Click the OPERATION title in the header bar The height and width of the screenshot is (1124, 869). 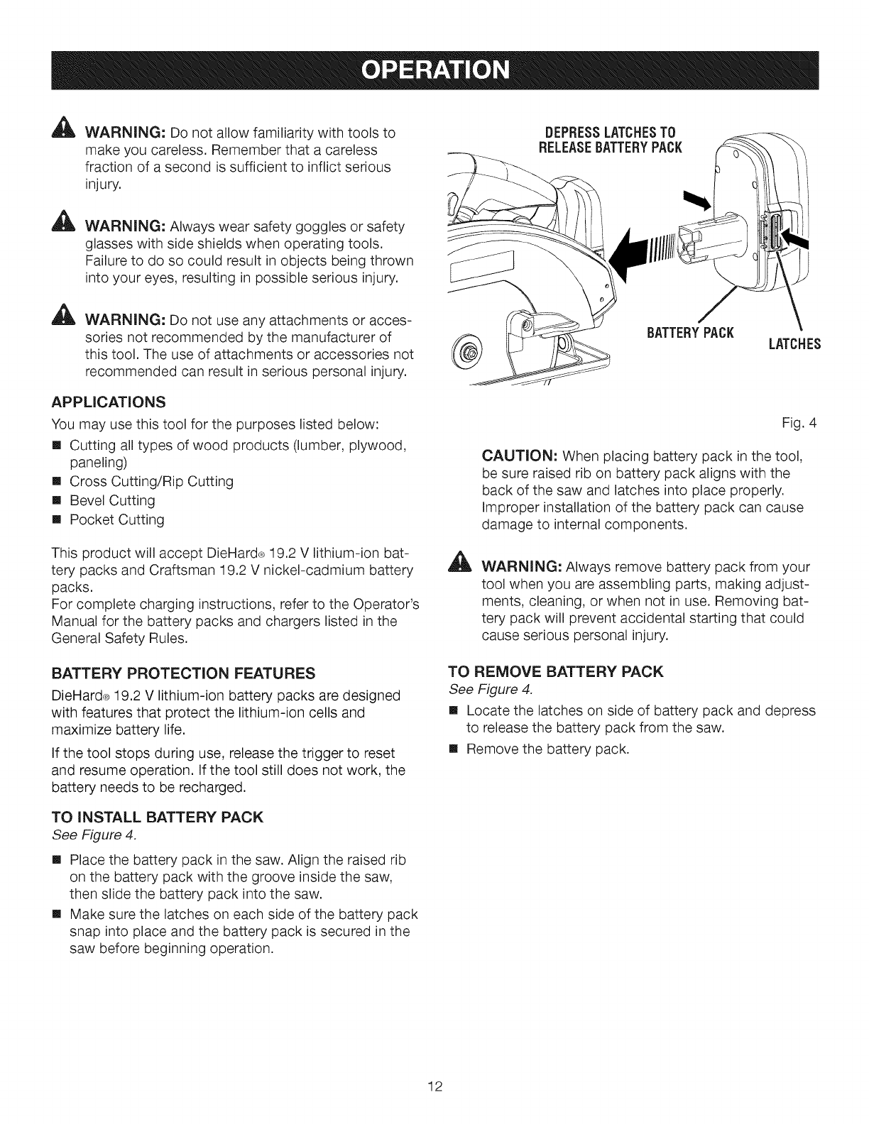pyautogui.click(x=434, y=70)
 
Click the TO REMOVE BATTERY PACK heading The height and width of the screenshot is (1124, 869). pyautogui.click(x=557, y=671)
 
